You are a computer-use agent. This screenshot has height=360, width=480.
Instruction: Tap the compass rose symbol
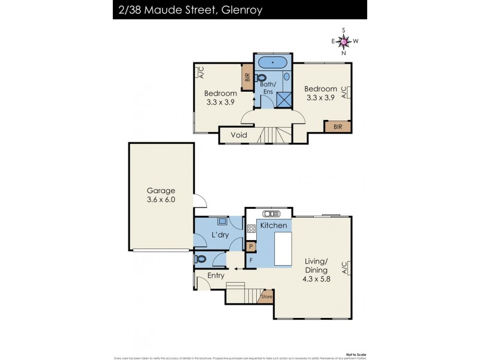pos(344,41)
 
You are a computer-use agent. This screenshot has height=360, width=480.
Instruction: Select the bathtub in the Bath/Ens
pos(273,62)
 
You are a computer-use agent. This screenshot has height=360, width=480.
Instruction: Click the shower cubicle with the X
pos(282,99)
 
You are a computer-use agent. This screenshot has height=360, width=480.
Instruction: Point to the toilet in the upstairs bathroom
pos(262,78)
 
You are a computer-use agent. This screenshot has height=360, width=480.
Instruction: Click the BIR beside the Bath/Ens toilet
pos(247,78)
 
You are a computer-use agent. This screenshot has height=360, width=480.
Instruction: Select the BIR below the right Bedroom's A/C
pos(337,127)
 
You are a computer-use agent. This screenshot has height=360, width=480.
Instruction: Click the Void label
pos(239,135)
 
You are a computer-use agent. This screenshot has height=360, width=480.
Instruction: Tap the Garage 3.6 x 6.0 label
pos(161,196)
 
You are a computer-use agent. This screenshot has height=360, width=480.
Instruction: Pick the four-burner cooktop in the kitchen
pos(251,228)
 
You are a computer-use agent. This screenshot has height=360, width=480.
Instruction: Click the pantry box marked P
pos(251,246)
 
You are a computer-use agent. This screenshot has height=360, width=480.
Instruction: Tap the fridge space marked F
pos(251,260)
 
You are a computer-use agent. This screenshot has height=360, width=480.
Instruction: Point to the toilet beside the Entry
pos(202,259)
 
